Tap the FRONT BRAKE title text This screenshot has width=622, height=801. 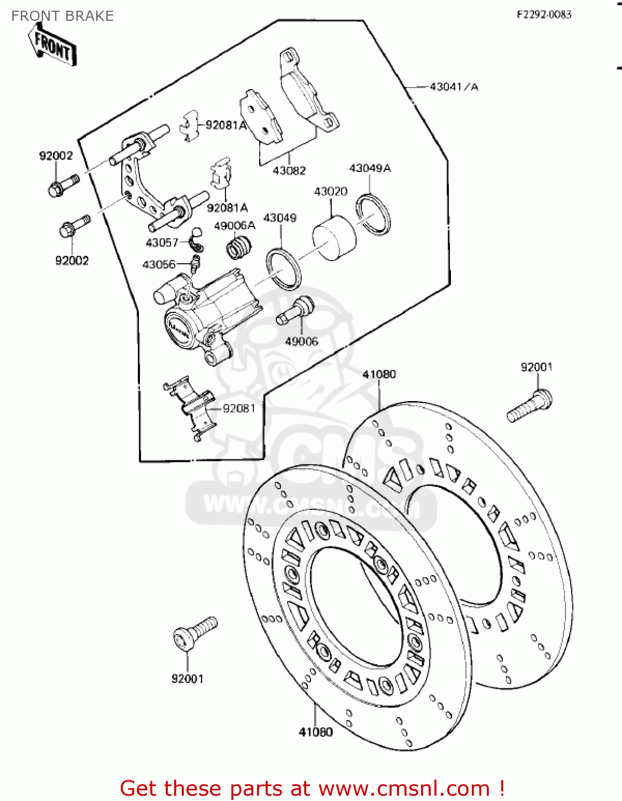(x=63, y=16)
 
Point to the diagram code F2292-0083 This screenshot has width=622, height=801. (x=543, y=14)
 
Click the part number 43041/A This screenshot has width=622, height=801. (x=454, y=87)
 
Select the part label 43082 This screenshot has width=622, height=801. (x=289, y=170)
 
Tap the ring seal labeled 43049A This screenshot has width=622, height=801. (x=374, y=214)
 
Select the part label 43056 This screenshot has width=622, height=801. (x=159, y=264)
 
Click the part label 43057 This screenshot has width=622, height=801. (x=162, y=243)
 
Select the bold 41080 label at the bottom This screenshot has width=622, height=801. (x=315, y=732)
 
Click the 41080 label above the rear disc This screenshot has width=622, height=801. (x=379, y=374)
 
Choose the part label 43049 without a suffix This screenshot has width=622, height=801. (x=279, y=218)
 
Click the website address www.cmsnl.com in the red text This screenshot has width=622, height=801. (x=404, y=789)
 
